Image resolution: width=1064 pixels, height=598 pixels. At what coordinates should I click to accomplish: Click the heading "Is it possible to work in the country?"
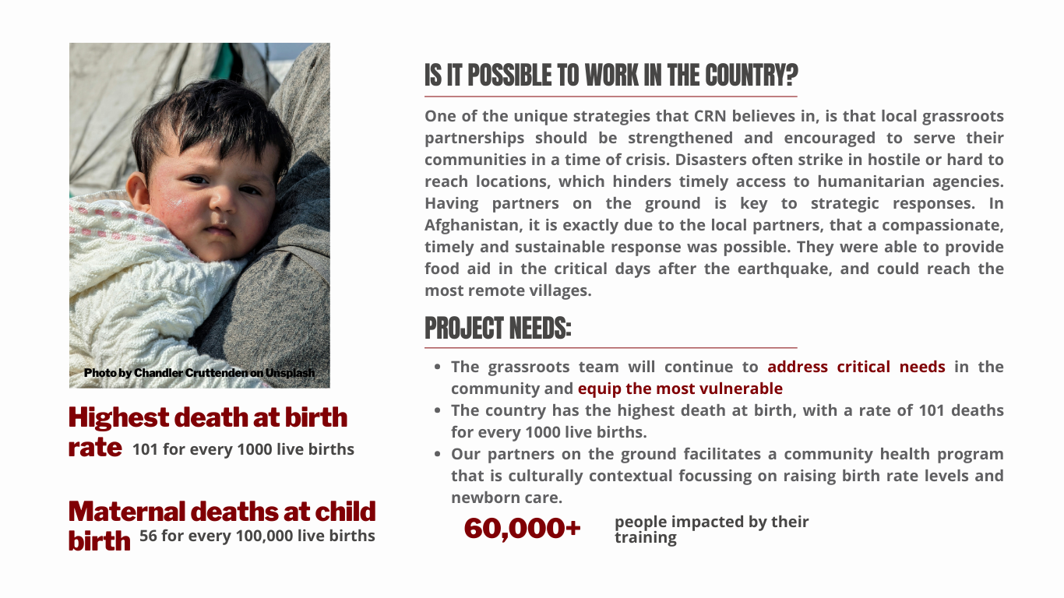[x=611, y=76]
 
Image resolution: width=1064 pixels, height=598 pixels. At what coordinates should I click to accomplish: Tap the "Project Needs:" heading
[x=498, y=329]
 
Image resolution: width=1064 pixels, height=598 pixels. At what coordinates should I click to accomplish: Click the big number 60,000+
[x=522, y=529]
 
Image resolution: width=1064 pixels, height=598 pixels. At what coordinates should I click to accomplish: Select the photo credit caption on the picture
[x=199, y=373]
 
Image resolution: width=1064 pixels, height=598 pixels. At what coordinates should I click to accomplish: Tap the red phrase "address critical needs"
[x=856, y=367]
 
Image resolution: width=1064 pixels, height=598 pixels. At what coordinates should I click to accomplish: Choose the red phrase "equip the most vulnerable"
[x=680, y=389]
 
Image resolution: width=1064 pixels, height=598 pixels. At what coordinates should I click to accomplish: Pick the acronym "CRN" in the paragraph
[x=710, y=116]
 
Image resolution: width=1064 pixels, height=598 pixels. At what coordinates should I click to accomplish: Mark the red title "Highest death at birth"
[x=208, y=417]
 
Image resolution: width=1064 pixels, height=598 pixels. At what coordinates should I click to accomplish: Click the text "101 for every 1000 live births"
[x=243, y=449]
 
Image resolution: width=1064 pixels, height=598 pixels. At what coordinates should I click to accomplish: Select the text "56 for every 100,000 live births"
[x=257, y=536]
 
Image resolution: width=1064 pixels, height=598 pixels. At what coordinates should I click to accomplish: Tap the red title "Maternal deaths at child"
[x=222, y=512]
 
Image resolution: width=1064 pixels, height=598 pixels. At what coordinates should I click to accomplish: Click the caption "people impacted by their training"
[x=710, y=529]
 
